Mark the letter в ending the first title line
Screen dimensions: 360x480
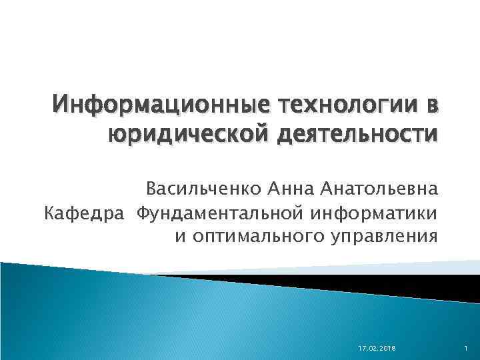click(431, 106)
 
